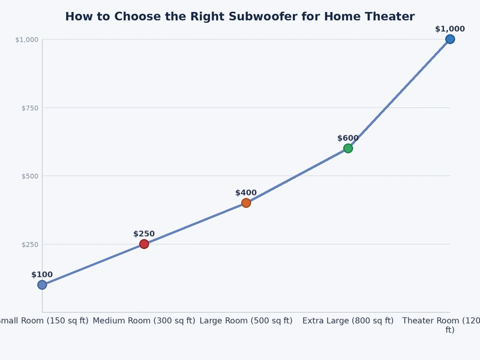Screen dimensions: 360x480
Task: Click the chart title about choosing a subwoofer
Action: [239, 17]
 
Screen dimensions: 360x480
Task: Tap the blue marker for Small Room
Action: [42, 285]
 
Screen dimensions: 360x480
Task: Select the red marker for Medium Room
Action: [144, 244]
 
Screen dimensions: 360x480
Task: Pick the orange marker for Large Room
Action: [246, 203]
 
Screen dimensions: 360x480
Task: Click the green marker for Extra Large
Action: [348, 148]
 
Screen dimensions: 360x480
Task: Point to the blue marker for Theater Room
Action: [450, 39]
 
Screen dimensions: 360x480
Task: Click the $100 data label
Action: [42, 275]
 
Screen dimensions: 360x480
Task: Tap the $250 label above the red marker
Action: [144, 234]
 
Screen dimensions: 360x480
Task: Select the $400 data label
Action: [246, 193]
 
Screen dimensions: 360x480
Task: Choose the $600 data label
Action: [348, 138]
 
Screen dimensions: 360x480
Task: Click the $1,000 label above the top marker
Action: [450, 29]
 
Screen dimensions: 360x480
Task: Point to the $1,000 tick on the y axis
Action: [27, 40]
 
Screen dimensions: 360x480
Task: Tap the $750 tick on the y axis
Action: [29, 108]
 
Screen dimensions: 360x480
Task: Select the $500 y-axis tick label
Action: [29, 176]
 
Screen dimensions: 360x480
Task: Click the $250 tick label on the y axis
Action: [29, 244]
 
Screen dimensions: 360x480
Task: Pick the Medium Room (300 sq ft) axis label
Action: [144, 321]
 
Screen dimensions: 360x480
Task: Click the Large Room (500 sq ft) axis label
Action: [246, 321]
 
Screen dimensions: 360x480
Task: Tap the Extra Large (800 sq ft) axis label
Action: [348, 321]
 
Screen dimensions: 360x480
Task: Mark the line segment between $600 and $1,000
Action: [399, 94]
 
